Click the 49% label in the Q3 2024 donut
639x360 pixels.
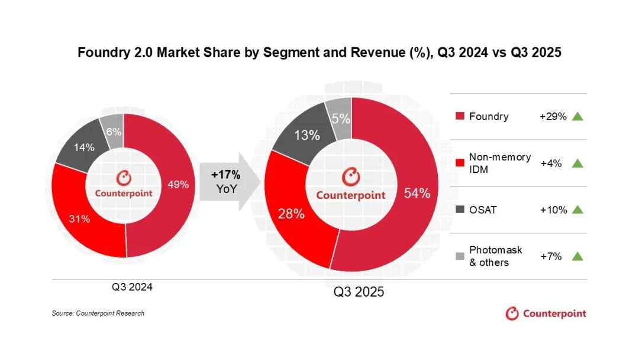179,184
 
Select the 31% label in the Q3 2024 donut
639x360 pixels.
80,219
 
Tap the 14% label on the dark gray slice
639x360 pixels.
84,147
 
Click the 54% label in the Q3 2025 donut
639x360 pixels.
417,193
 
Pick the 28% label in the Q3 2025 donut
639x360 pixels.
291,214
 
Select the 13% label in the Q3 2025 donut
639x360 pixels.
306,135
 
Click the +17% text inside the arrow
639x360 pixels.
225,175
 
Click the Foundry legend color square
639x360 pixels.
460,117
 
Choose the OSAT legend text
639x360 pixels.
483,210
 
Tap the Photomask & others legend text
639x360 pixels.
495,256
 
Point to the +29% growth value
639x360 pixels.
553,117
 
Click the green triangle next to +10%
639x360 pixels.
578,210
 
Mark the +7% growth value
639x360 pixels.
551,256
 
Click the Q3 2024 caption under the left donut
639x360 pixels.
133,287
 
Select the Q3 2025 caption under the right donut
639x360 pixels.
359,292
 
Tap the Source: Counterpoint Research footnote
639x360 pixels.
98,313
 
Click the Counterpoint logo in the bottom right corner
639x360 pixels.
546,313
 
